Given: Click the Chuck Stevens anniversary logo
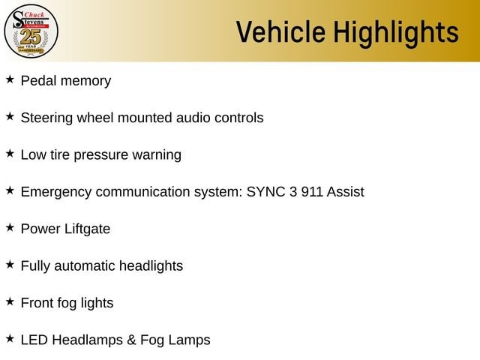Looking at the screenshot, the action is (x=31, y=31).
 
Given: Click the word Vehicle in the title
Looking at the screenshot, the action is (x=280, y=31).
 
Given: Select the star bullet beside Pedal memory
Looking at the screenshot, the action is (x=10, y=79).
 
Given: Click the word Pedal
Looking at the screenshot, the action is (x=38, y=81).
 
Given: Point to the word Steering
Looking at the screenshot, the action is (x=46, y=118).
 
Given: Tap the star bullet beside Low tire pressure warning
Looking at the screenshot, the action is (x=10, y=153).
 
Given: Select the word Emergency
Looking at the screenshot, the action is (x=56, y=192).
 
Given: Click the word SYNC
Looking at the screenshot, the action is (x=265, y=192).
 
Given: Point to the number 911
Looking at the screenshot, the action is (x=312, y=192).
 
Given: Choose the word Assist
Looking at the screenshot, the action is (x=345, y=192).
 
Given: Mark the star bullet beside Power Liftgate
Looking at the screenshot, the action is (x=10, y=227).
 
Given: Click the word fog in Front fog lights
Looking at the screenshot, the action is (x=67, y=303).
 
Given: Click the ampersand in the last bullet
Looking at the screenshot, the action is (x=131, y=340).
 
